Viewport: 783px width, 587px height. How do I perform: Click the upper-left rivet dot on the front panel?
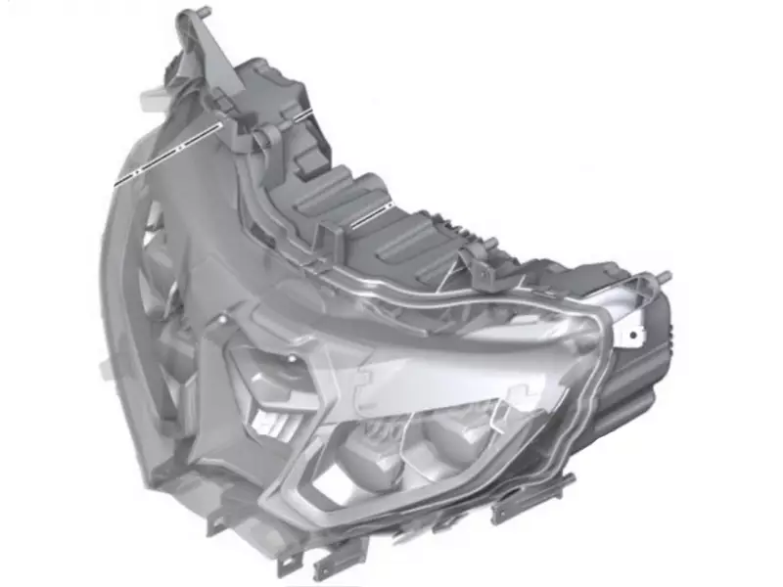(227, 320)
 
